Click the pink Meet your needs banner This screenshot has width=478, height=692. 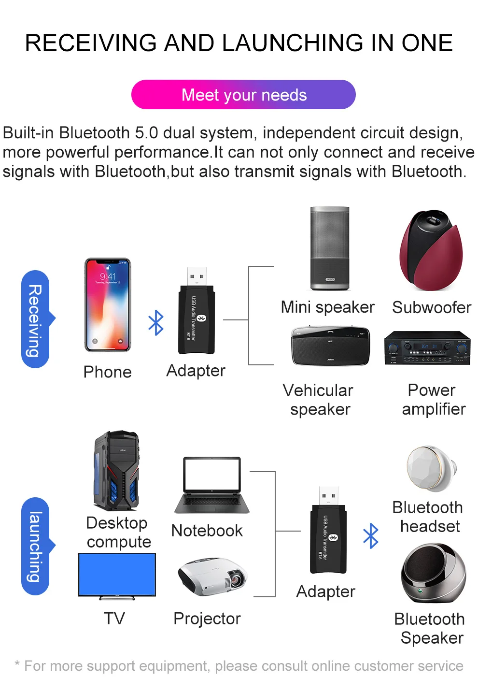coord(243,95)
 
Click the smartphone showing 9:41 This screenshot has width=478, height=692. coord(108,305)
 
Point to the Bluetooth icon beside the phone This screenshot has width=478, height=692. coord(156,323)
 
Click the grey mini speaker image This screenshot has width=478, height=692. coord(330,248)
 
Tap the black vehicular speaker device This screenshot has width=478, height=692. coord(330,346)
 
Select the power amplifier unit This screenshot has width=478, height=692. coord(427,347)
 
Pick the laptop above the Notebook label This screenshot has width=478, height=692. coord(212,485)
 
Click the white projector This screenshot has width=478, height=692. coord(212,577)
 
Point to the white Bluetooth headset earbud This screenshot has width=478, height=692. coord(431,468)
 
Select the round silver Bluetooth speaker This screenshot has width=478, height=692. coord(433,573)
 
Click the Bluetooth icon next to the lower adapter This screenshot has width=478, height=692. coord(371,535)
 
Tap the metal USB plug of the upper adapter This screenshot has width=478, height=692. coord(197,276)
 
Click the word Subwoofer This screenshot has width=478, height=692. coord(432,307)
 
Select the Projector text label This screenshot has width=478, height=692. coord(207,619)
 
